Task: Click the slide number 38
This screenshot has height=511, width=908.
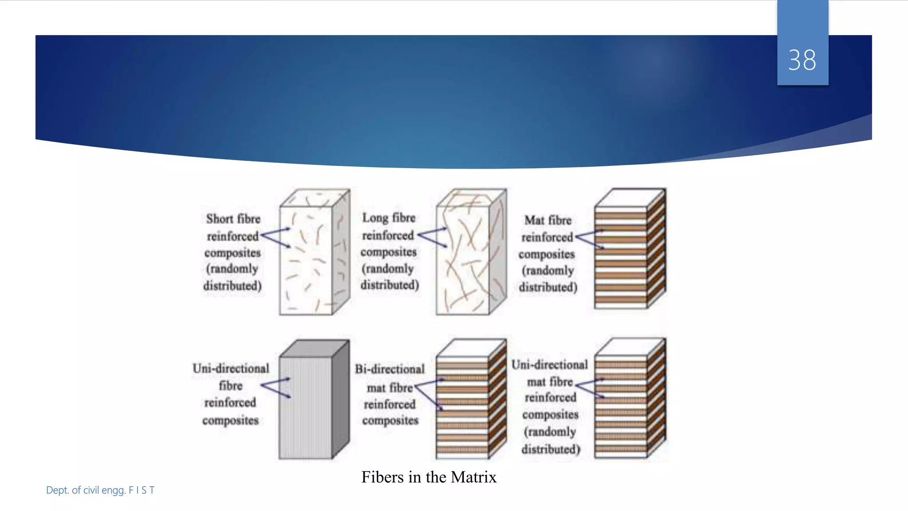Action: click(802, 60)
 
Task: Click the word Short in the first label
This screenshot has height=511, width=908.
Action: click(219, 219)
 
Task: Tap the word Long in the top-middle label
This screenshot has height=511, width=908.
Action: click(375, 218)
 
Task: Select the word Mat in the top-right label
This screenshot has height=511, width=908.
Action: click(534, 220)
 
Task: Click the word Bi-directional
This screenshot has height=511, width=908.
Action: click(389, 369)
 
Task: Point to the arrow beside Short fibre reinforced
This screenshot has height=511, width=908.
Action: click(275, 237)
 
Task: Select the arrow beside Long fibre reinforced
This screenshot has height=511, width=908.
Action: click(432, 236)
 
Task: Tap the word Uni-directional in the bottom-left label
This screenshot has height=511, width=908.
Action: click(231, 369)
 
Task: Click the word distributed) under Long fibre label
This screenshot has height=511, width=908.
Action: click(389, 285)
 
